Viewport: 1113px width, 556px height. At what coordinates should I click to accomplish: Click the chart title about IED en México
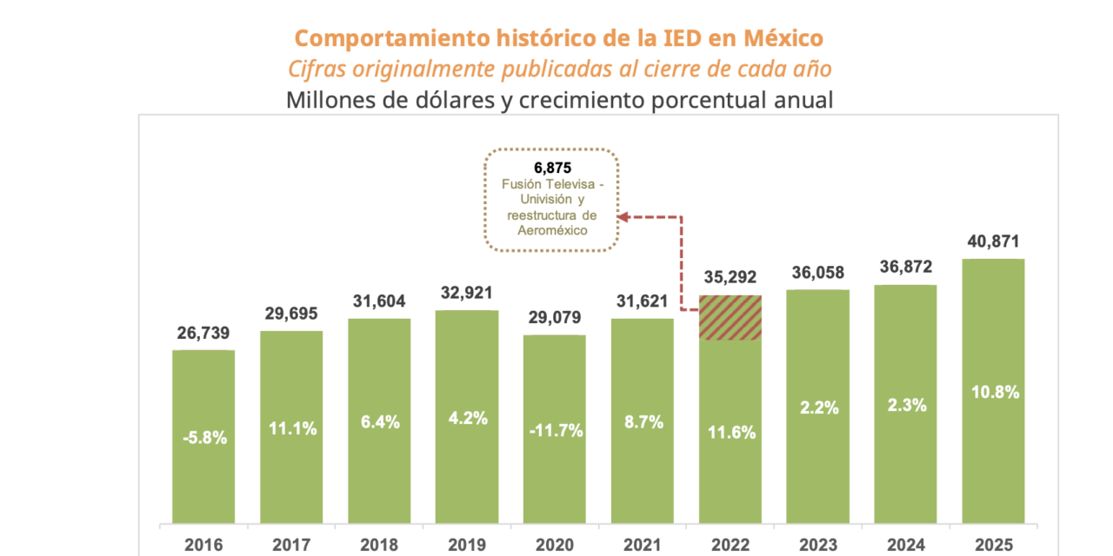[558, 38]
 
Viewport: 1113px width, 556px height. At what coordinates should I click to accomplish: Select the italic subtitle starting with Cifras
[558, 69]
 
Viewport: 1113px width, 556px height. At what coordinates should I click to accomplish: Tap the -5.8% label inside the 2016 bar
[203, 438]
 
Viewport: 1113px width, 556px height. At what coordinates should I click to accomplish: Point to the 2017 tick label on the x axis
[291, 545]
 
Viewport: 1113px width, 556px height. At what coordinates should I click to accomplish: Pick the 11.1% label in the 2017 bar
[291, 428]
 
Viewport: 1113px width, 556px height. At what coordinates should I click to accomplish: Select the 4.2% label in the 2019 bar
[467, 417]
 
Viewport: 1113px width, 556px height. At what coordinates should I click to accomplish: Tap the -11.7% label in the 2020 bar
[554, 429]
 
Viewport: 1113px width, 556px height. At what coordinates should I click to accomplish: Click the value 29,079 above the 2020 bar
[554, 319]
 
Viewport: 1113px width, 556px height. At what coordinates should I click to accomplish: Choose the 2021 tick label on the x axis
[642, 545]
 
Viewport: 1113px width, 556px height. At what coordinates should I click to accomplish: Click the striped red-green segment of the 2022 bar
[730, 318]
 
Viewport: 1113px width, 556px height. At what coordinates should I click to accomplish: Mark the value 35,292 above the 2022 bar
[730, 279]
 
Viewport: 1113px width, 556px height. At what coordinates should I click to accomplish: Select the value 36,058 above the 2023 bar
[817, 273]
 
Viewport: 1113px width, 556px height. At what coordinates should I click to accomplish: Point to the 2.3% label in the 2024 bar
[905, 405]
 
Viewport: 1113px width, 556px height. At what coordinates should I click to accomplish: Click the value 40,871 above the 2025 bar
[993, 242]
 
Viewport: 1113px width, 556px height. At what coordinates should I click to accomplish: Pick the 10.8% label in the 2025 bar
[993, 391]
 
